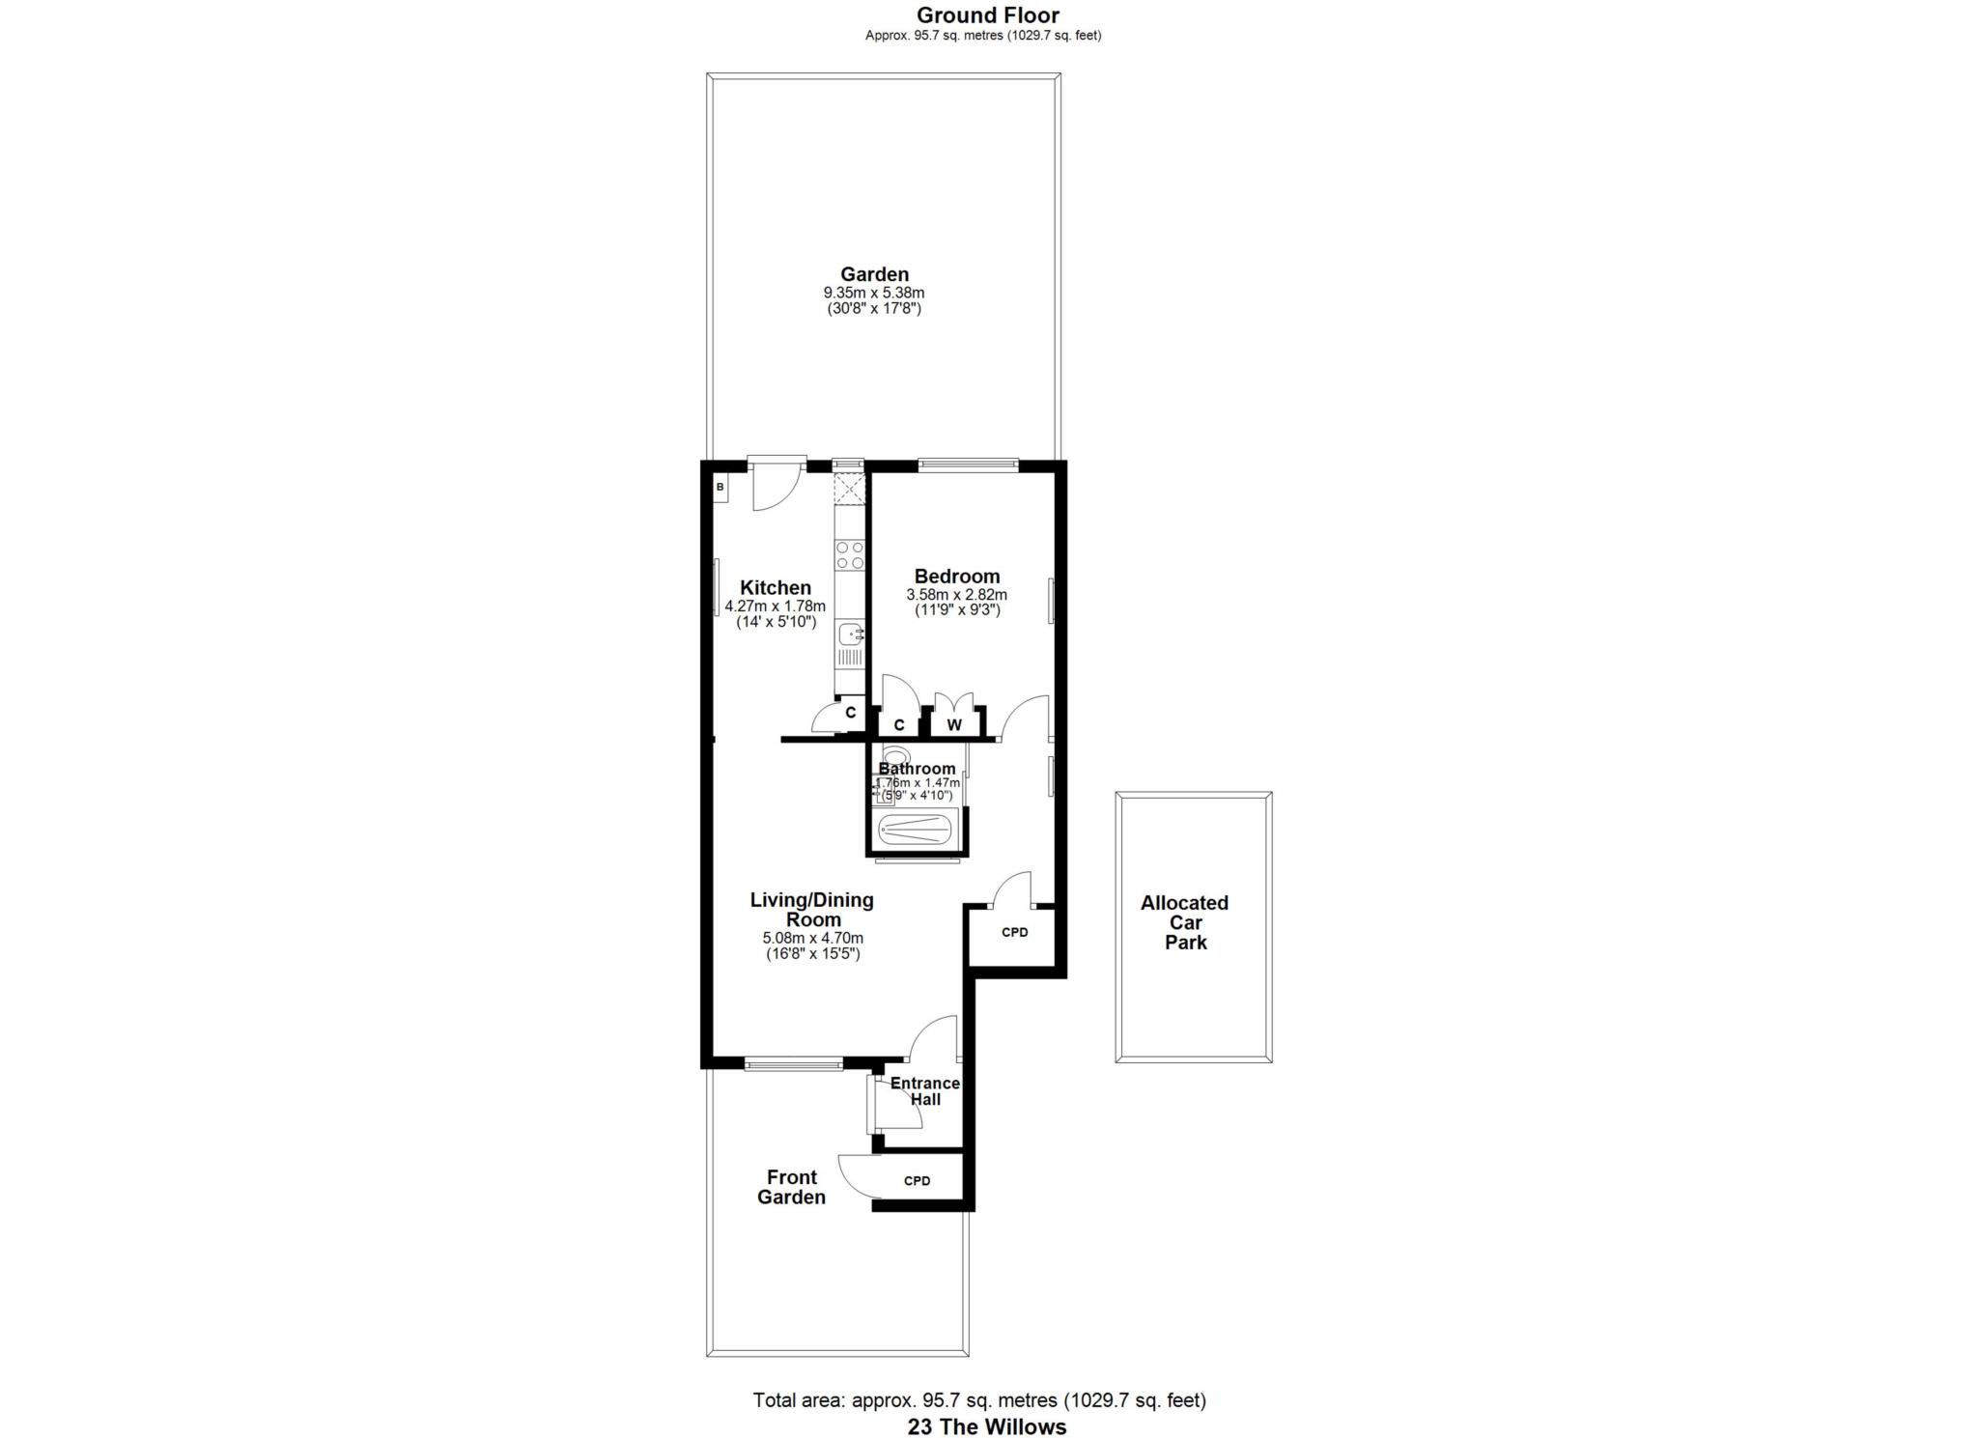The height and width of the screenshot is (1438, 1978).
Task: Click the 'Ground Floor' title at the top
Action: pos(987,15)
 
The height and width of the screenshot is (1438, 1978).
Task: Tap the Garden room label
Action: pos(874,274)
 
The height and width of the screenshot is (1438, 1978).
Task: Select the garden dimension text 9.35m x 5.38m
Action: pos(874,293)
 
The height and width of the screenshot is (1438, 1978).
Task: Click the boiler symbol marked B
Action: pos(720,488)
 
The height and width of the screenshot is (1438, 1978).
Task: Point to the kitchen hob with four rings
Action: pos(850,554)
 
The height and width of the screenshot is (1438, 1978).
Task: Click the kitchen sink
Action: pos(850,634)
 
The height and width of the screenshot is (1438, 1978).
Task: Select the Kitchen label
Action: pos(776,587)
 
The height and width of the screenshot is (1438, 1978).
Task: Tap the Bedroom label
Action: pos(957,577)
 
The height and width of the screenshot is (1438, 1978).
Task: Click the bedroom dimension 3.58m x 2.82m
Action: pos(957,595)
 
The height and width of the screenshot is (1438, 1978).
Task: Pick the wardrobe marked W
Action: pos(954,724)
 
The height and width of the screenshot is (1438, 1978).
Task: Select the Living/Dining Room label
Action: pos(812,910)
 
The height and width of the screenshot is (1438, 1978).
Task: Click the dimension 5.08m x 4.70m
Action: pos(812,938)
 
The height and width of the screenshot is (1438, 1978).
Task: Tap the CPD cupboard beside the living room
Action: pos(1014,933)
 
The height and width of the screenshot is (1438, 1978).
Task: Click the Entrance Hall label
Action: pos(924,1091)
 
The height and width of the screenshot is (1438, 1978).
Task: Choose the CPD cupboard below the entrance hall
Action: pos(917,1180)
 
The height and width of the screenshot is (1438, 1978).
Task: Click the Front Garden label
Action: pos(791,1187)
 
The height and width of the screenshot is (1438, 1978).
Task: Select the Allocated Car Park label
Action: pos(1185,922)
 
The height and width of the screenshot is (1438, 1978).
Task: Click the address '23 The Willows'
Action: pos(987,1426)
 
